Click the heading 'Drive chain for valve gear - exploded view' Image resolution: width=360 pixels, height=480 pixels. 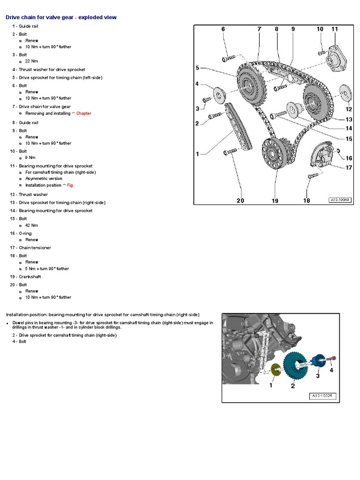coord(61,17)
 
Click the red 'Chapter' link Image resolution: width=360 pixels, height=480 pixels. coord(83,113)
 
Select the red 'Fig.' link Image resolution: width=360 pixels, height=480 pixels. coord(70,185)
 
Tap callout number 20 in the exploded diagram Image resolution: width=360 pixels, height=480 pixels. coord(240,201)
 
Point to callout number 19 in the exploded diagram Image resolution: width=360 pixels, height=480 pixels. coord(275,201)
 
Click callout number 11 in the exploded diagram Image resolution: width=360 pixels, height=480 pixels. coord(334,29)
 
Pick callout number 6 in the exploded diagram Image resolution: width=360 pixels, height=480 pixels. coord(223,29)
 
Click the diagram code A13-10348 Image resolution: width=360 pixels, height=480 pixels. coord(340,200)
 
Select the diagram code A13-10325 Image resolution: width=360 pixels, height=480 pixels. coord(322,396)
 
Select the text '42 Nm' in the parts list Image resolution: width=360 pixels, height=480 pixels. coord(31,225)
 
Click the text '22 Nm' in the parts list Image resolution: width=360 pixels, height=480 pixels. coord(31,61)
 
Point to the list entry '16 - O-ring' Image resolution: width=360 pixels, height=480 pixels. coord(25,233)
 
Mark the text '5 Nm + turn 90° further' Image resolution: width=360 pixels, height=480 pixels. coord(47,269)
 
